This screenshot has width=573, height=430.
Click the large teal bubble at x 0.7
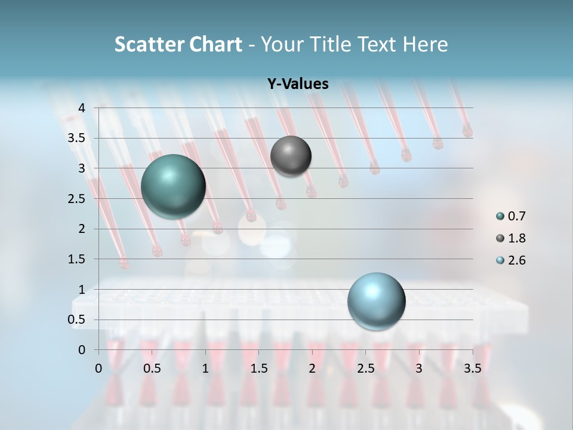pos(173,186)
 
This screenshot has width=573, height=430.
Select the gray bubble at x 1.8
pos(291,156)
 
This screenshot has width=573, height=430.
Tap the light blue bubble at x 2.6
pos(376,301)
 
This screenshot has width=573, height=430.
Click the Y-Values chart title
pos(298,84)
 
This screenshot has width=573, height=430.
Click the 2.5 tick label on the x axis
pos(365,368)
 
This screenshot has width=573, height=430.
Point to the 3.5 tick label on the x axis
pos(472,368)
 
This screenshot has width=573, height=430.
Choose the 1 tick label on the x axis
pos(205,368)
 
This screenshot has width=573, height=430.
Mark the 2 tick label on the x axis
pos(312,368)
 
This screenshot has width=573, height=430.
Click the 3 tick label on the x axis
pos(419,368)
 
